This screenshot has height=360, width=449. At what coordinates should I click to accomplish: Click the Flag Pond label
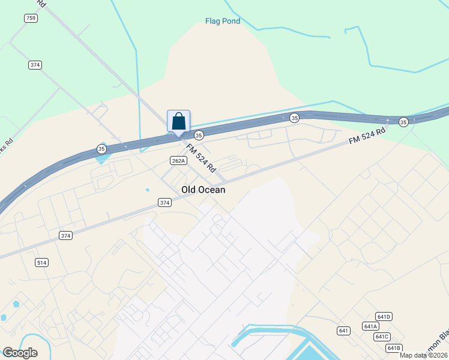223,22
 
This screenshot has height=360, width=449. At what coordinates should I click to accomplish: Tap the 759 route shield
31,19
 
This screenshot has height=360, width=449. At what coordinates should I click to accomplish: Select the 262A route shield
178,160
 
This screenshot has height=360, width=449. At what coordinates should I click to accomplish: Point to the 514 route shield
41,262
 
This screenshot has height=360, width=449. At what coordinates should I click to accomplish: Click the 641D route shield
384,316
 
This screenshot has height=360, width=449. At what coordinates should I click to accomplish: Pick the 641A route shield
370,326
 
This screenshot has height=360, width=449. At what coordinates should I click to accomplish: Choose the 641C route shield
382,337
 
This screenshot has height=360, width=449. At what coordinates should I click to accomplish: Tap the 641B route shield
393,348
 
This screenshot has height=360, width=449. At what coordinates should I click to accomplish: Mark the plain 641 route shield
343,331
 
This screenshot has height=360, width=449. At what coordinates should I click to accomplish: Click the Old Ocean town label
203,190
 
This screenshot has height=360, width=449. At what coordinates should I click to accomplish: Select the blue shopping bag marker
178,121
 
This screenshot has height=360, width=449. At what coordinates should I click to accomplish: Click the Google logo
20,352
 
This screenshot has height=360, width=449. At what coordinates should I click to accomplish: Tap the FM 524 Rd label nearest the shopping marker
200,157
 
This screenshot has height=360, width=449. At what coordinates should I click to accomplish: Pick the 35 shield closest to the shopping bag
199,136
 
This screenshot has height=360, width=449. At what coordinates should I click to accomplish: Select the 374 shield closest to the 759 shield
35,65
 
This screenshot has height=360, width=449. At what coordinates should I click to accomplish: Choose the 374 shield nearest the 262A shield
165,203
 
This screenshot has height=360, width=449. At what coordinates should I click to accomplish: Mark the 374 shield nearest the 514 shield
65,236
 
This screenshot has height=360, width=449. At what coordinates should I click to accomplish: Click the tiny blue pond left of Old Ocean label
147,190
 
